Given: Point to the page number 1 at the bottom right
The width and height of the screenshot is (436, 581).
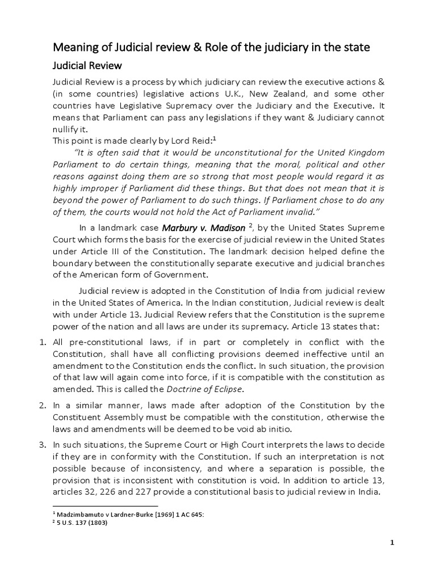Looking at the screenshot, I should [392, 542].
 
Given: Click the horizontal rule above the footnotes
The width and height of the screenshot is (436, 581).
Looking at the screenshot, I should [104, 506].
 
